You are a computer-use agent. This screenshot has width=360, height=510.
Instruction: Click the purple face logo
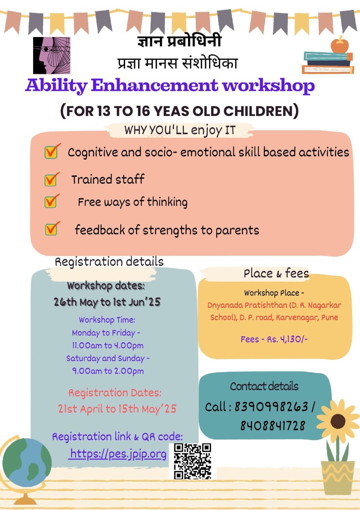pos(52,55)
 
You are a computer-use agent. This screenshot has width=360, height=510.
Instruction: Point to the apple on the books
pos(340,45)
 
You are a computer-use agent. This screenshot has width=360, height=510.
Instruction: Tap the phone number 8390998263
pos(271,407)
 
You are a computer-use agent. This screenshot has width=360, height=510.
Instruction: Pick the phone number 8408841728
pos(273,426)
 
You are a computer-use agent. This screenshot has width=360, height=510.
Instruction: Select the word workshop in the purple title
pos(268,86)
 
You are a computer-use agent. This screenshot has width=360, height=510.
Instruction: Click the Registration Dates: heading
pos(115,393)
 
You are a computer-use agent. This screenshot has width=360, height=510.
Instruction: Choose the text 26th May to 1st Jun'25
pos(107,302)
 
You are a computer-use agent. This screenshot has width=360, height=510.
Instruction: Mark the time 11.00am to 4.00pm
pos(108,345)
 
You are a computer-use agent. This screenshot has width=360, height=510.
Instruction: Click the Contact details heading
pos(264,386)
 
